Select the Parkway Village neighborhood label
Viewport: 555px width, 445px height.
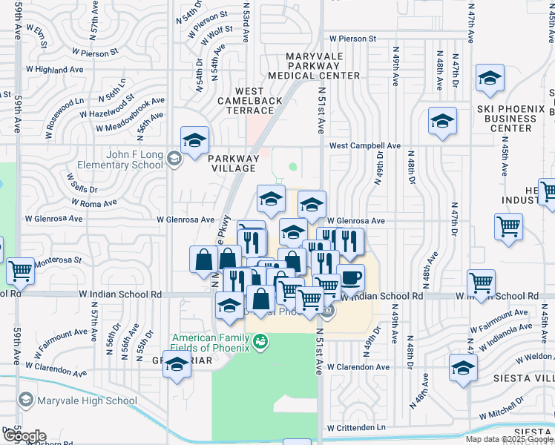(x=234, y=163)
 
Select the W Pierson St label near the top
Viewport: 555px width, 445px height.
(x=353, y=38)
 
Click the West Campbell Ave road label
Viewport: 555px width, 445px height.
(x=365, y=145)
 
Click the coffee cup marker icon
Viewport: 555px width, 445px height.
(x=350, y=278)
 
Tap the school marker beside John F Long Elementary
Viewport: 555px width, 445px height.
(x=195, y=139)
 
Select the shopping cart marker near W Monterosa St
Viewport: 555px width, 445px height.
(x=20, y=270)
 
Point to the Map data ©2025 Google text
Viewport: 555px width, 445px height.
(x=508, y=439)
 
